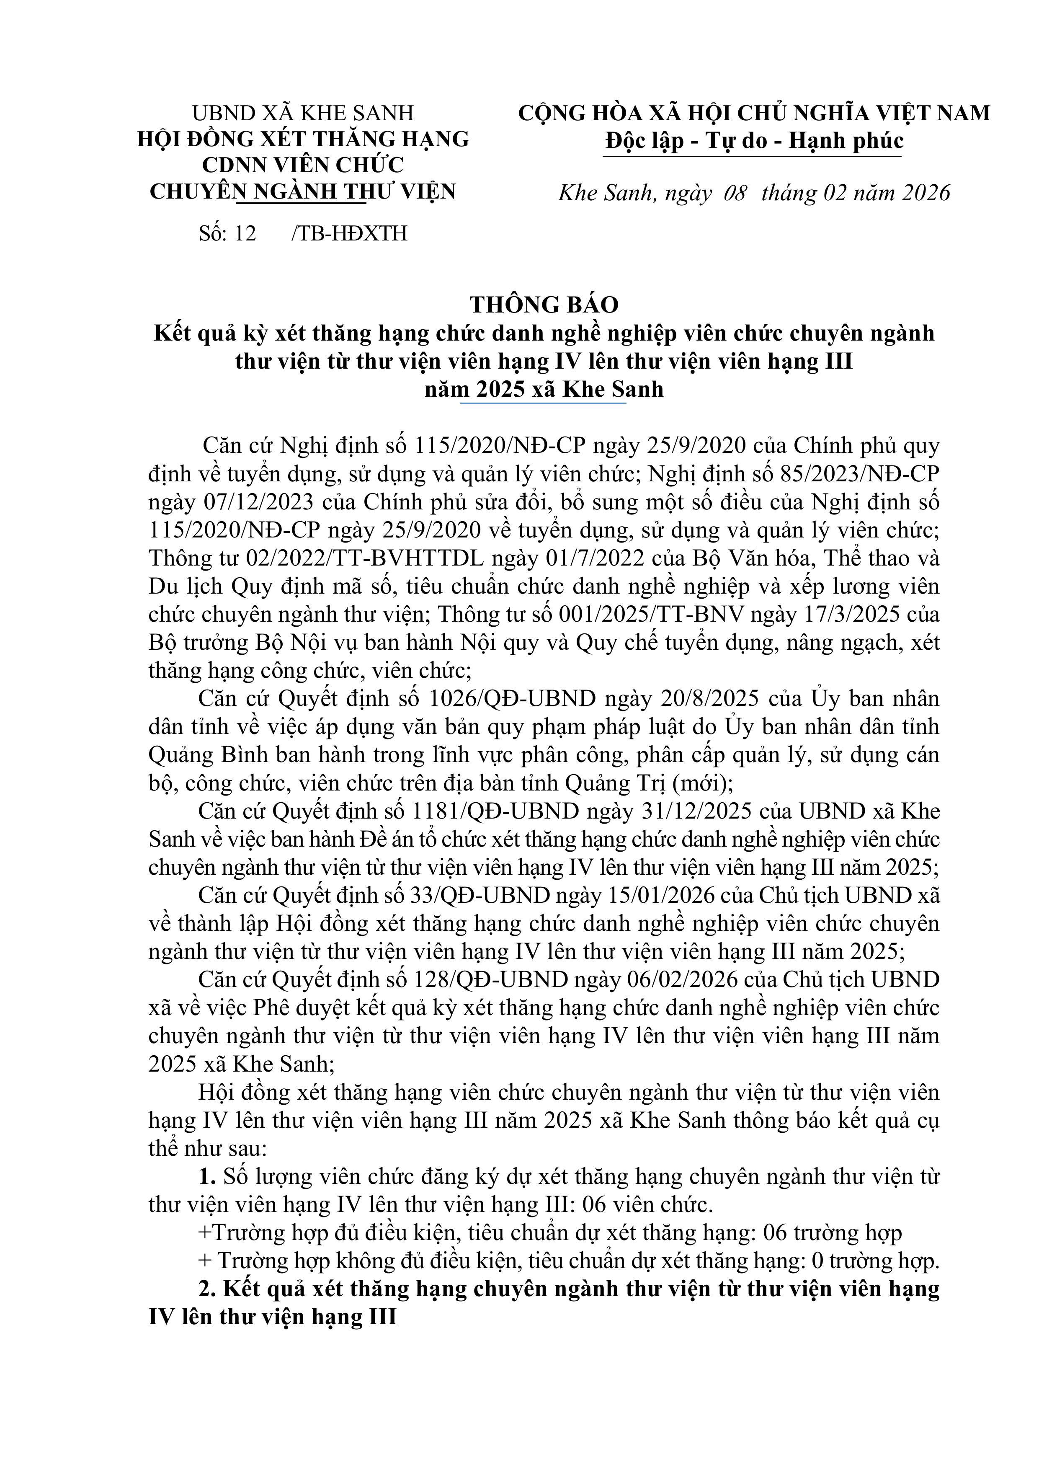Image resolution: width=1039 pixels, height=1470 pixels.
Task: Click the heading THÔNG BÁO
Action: [x=544, y=305]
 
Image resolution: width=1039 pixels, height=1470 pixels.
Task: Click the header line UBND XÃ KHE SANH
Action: [x=303, y=114]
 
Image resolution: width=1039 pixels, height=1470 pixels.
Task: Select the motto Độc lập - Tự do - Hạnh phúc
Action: [x=754, y=141]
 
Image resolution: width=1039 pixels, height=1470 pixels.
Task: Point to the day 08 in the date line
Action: [x=735, y=193]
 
